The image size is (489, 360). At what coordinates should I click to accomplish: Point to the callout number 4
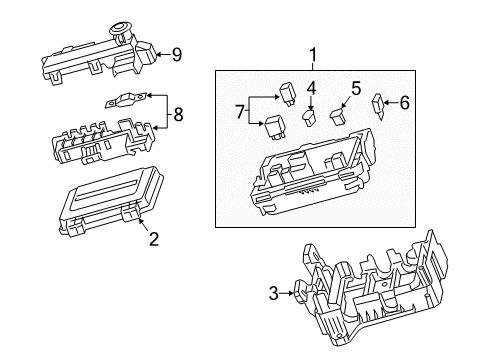tap(312, 87)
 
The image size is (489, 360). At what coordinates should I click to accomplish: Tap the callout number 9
tap(176, 53)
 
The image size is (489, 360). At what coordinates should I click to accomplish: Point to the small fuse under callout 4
tap(311, 117)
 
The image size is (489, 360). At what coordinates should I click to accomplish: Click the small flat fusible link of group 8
tap(125, 99)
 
